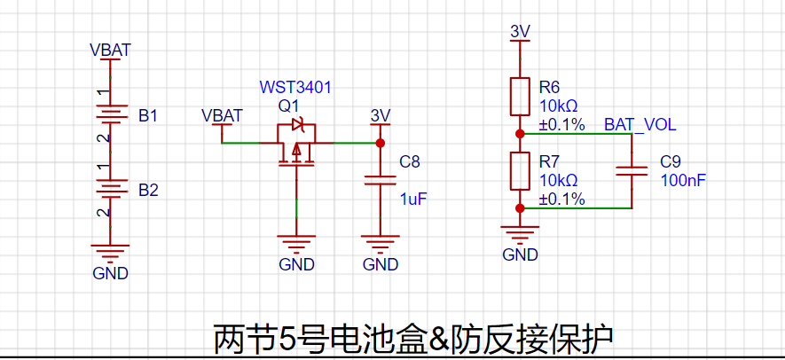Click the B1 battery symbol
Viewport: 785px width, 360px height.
[x=110, y=115]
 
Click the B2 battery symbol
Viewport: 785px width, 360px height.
[x=110, y=190]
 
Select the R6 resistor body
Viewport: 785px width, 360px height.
[x=520, y=97]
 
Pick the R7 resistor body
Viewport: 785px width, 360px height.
[x=520, y=171]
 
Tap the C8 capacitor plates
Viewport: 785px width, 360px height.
[x=380, y=180]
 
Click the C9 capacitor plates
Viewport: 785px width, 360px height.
[x=632, y=171]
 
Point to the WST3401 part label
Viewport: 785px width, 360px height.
[x=295, y=88]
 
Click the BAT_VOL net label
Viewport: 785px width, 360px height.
[x=640, y=125]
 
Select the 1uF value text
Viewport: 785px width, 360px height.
[x=413, y=200]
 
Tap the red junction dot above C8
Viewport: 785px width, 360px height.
[x=380, y=143]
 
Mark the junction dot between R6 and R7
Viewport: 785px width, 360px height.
[x=520, y=134]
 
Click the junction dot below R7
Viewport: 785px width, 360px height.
[x=520, y=208]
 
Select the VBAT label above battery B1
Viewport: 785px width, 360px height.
[x=111, y=51]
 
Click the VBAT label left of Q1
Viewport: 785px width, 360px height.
[x=222, y=115]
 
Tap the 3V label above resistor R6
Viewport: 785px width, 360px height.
[x=520, y=32]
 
